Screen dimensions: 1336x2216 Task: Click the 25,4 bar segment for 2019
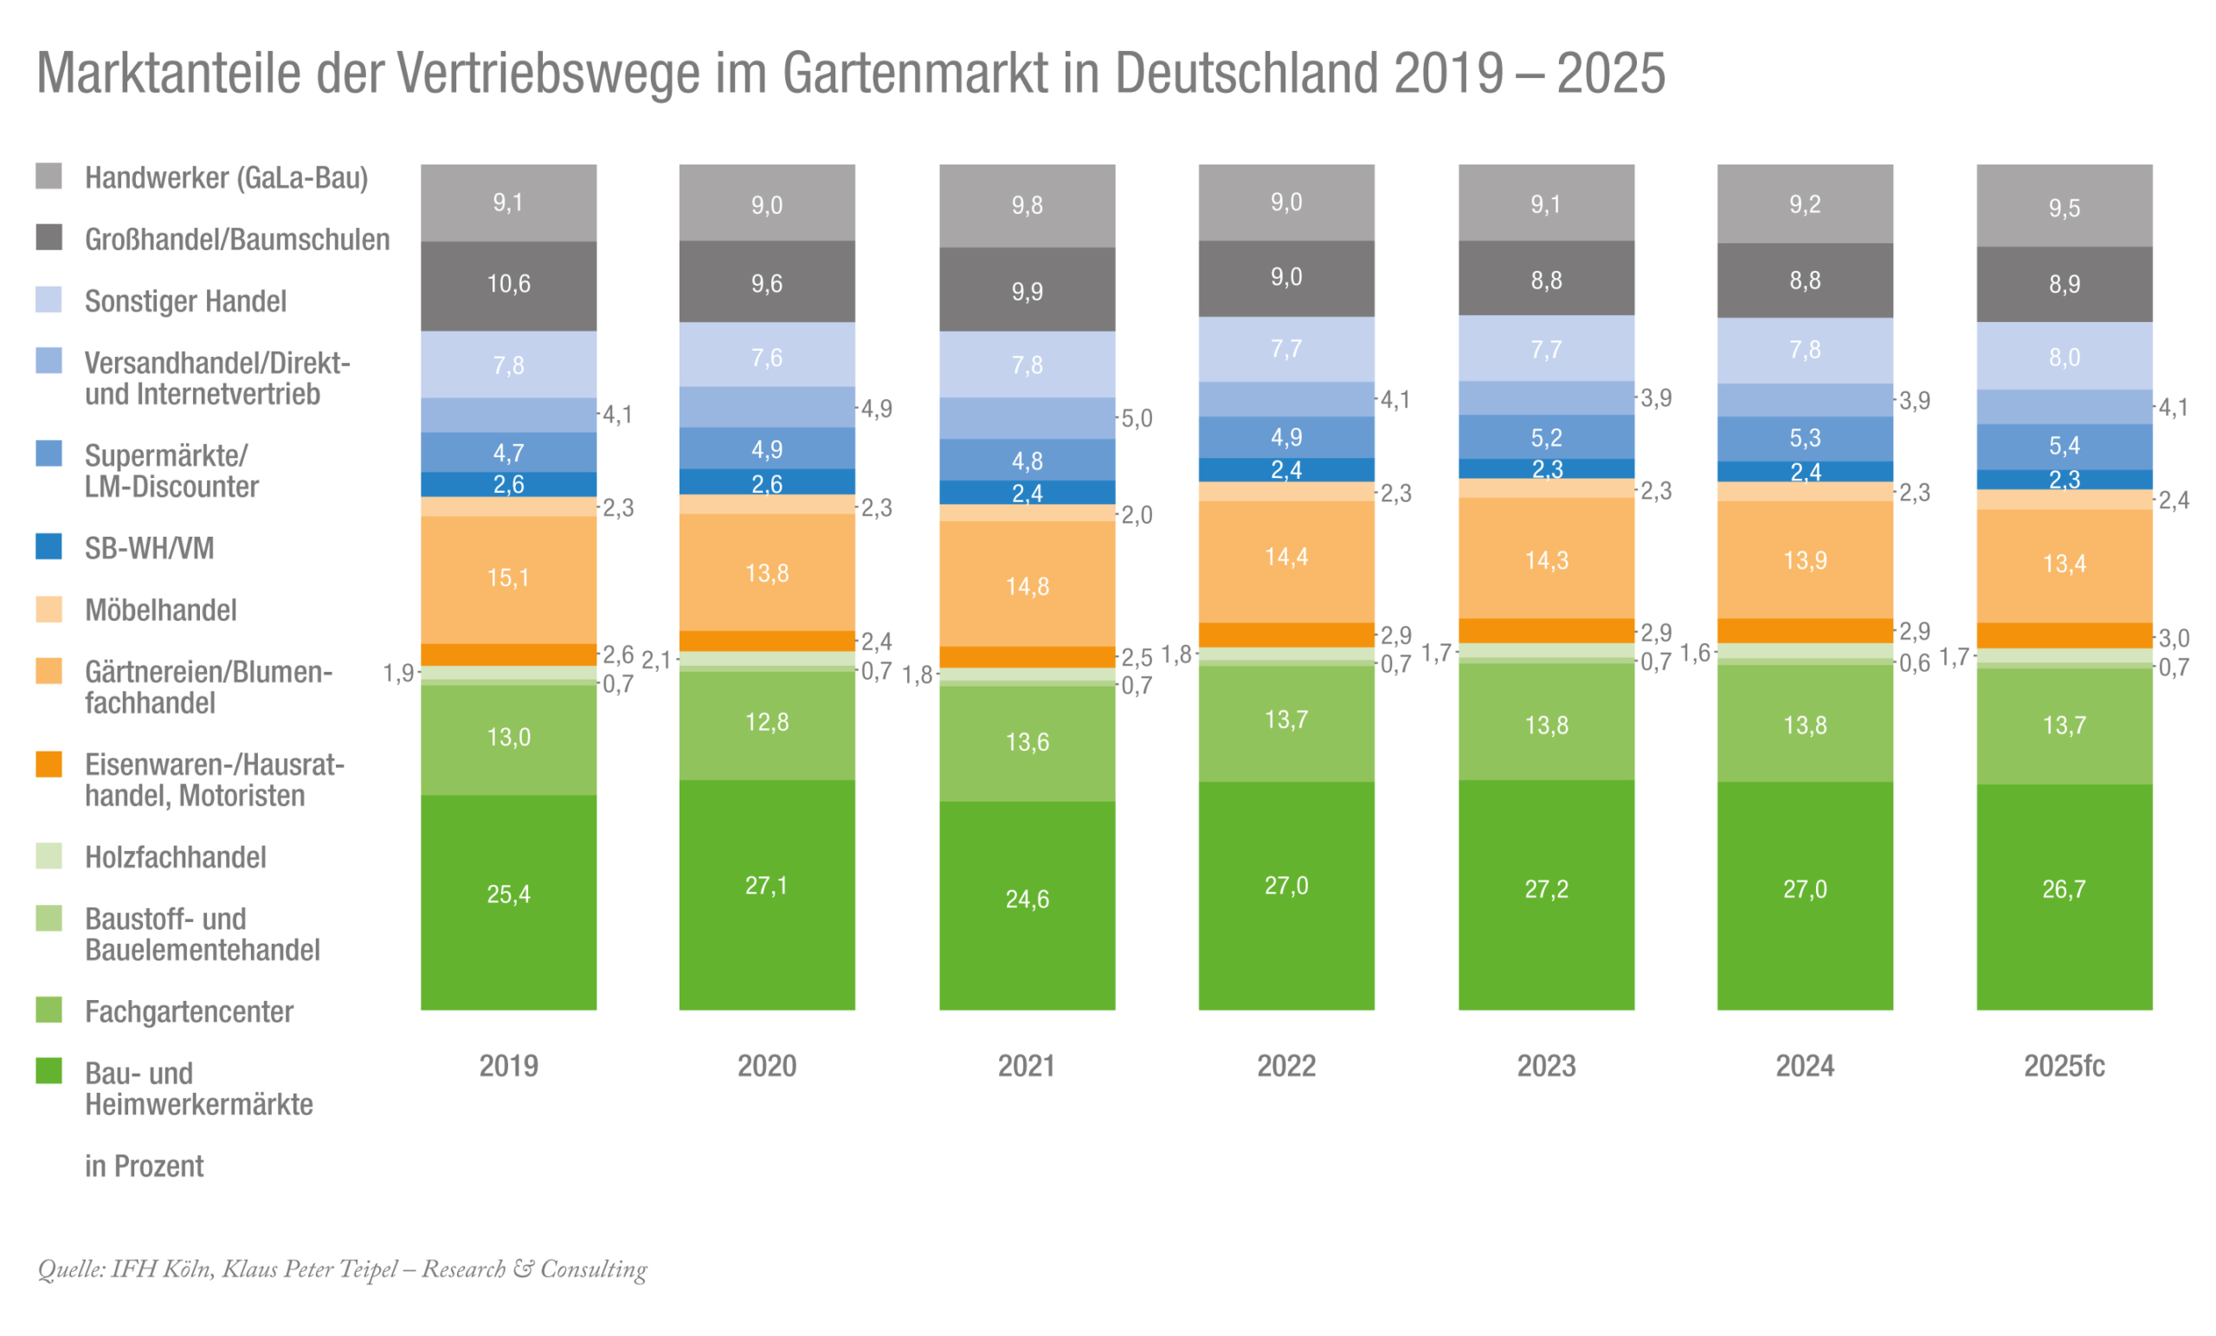(508, 894)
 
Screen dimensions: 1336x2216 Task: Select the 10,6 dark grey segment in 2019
(508, 284)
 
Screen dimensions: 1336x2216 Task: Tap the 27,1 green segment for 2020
(766, 886)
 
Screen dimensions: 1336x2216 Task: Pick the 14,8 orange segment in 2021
(1026, 586)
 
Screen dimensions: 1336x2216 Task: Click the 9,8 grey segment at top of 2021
(1026, 205)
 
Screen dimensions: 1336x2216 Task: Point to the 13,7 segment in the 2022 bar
(1286, 720)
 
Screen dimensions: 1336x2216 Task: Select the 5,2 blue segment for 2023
(1546, 438)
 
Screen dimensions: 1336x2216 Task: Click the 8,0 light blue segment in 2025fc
(2064, 358)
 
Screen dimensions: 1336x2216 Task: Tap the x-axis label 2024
(1804, 1066)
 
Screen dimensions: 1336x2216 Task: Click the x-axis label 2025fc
(2064, 1066)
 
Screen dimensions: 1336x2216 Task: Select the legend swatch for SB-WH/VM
(48, 547)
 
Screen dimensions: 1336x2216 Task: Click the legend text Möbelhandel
(160, 610)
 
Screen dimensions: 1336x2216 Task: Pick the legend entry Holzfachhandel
(176, 857)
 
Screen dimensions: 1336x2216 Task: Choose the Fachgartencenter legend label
(189, 1012)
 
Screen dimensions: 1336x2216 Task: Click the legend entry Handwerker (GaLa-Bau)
(227, 178)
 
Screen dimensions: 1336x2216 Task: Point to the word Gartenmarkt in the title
(915, 73)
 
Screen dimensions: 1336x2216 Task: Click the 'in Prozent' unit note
(144, 1166)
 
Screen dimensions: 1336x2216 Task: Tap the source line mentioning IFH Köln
(342, 1268)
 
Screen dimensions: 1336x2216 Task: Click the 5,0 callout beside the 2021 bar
(1137, 418)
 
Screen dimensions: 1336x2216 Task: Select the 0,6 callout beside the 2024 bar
(1915, 664)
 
